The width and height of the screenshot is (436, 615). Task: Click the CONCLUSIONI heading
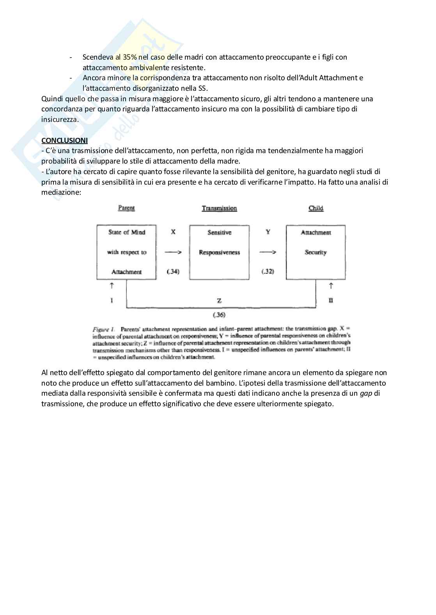64,140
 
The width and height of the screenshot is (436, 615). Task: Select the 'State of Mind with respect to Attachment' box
127,252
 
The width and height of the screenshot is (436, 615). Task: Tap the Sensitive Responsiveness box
219,252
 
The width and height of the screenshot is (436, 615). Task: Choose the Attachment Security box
315,252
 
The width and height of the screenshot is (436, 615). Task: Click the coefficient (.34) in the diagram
173,271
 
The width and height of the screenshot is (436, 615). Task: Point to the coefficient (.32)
268,271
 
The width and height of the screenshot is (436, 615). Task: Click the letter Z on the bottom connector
219,301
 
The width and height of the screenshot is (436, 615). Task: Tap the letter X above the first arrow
173,232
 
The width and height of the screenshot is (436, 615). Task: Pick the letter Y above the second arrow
268,232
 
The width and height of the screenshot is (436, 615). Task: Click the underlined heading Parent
126,208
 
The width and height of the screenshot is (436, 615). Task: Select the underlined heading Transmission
219,208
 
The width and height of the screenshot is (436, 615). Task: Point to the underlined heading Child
316,208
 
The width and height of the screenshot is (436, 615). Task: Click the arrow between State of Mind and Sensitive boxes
173,252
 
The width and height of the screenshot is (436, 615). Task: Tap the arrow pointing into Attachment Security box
268,252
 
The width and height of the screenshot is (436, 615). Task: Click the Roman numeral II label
331,300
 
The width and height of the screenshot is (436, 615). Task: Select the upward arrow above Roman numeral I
112,286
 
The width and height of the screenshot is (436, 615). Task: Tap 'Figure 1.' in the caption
103,329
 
